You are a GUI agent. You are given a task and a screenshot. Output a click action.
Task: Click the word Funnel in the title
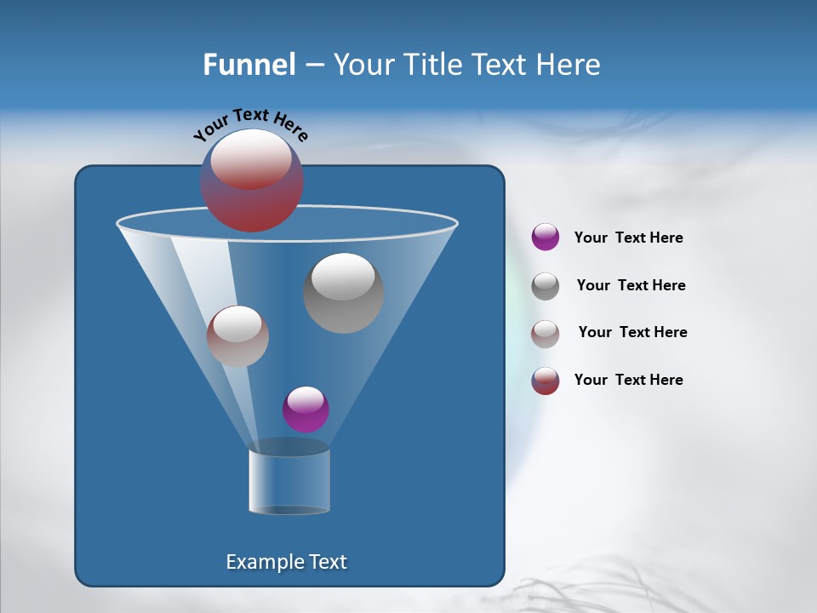pos(249,65)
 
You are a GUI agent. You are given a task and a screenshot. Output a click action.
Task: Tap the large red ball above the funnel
pos(252,180)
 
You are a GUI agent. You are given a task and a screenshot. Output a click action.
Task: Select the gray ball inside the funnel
pos(343,293)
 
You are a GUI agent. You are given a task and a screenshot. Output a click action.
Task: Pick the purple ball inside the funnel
pos(306,409)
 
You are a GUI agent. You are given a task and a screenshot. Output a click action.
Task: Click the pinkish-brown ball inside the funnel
pos(237,335)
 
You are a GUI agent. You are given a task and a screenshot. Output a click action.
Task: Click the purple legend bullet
pos(546,237)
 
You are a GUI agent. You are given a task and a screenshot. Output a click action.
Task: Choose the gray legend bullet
pos(546,286)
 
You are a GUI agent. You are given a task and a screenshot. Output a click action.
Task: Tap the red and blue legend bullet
pos(546,381)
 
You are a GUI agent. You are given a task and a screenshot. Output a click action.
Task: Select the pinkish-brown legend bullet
pos(546,334)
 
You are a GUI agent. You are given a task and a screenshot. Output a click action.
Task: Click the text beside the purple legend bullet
pos(628,238)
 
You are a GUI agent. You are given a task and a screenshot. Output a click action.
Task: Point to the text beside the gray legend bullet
pos(631,285)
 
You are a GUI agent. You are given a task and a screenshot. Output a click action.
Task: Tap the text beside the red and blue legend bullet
pos(628,380)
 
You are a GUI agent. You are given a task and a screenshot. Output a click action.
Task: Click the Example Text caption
pos(286,562)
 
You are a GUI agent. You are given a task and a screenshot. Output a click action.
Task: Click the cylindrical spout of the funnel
pos(289,481)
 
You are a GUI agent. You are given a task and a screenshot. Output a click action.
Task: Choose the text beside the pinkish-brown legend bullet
pos(632,332)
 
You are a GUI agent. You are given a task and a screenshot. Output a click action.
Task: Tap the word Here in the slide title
pos(568,65)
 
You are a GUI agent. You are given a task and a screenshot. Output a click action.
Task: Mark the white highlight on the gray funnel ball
pos(343,277)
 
